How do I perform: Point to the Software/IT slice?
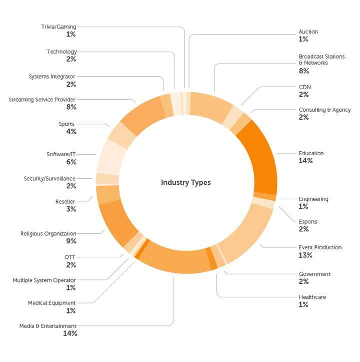point(110,157)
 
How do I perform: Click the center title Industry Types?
point(185,183)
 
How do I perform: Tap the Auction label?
point(308,32)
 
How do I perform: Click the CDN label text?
point(304,87)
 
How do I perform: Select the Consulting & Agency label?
point(324,110)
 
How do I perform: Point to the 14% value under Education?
point(305,161)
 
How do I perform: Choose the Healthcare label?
point(312,297)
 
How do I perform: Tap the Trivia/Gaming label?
point(58,27)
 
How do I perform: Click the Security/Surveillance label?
point(49,178)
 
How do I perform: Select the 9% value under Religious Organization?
point(70,241)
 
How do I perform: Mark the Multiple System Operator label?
point(44,280)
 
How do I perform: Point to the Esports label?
point(307,221)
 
